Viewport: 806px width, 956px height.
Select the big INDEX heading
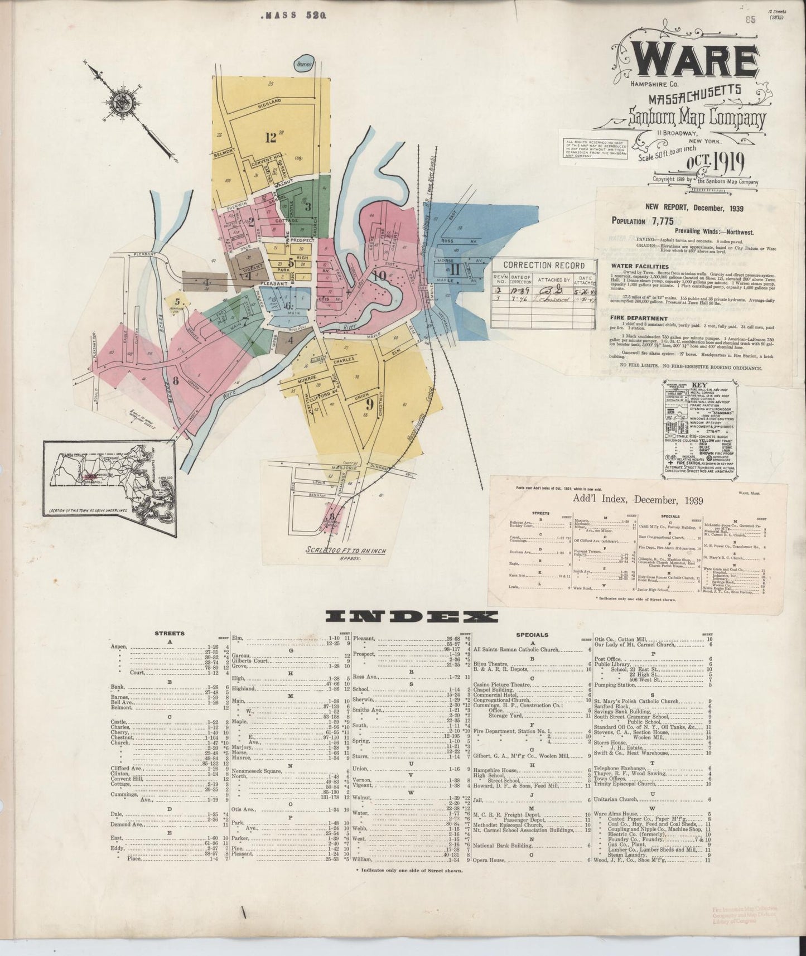412,616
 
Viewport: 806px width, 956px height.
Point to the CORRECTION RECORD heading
544,265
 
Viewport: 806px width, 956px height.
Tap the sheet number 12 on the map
272,136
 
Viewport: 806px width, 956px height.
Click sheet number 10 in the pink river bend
380,275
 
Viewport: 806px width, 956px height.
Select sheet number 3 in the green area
307,205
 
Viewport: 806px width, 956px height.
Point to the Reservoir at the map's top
306,64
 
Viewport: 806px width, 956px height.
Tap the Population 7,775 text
643,221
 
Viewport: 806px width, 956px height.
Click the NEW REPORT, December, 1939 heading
694,207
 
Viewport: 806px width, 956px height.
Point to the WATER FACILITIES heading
639,267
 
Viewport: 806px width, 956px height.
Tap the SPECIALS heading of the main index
532,634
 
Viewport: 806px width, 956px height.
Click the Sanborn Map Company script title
697,118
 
